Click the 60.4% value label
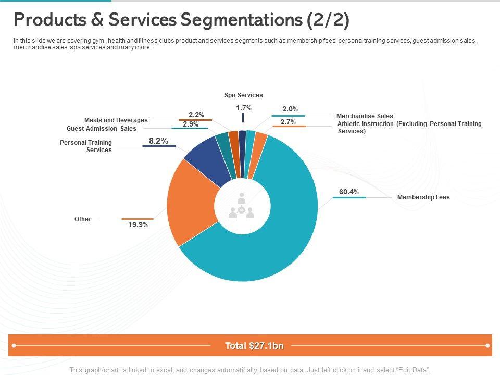(349, 192)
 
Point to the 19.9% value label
(138, 225)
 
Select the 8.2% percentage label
(158, 141)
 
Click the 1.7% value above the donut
(243, 108)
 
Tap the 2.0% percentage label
(290, 109)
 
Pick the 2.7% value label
(288, 122)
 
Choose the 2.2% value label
(196, 115)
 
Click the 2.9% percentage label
(191, 124)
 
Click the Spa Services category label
(243, 95)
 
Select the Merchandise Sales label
(365, 116)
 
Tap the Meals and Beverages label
(116, 120)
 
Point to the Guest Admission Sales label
(102, 129)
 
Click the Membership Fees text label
(423, 197)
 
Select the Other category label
(83, 219)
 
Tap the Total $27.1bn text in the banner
(254, 346)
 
